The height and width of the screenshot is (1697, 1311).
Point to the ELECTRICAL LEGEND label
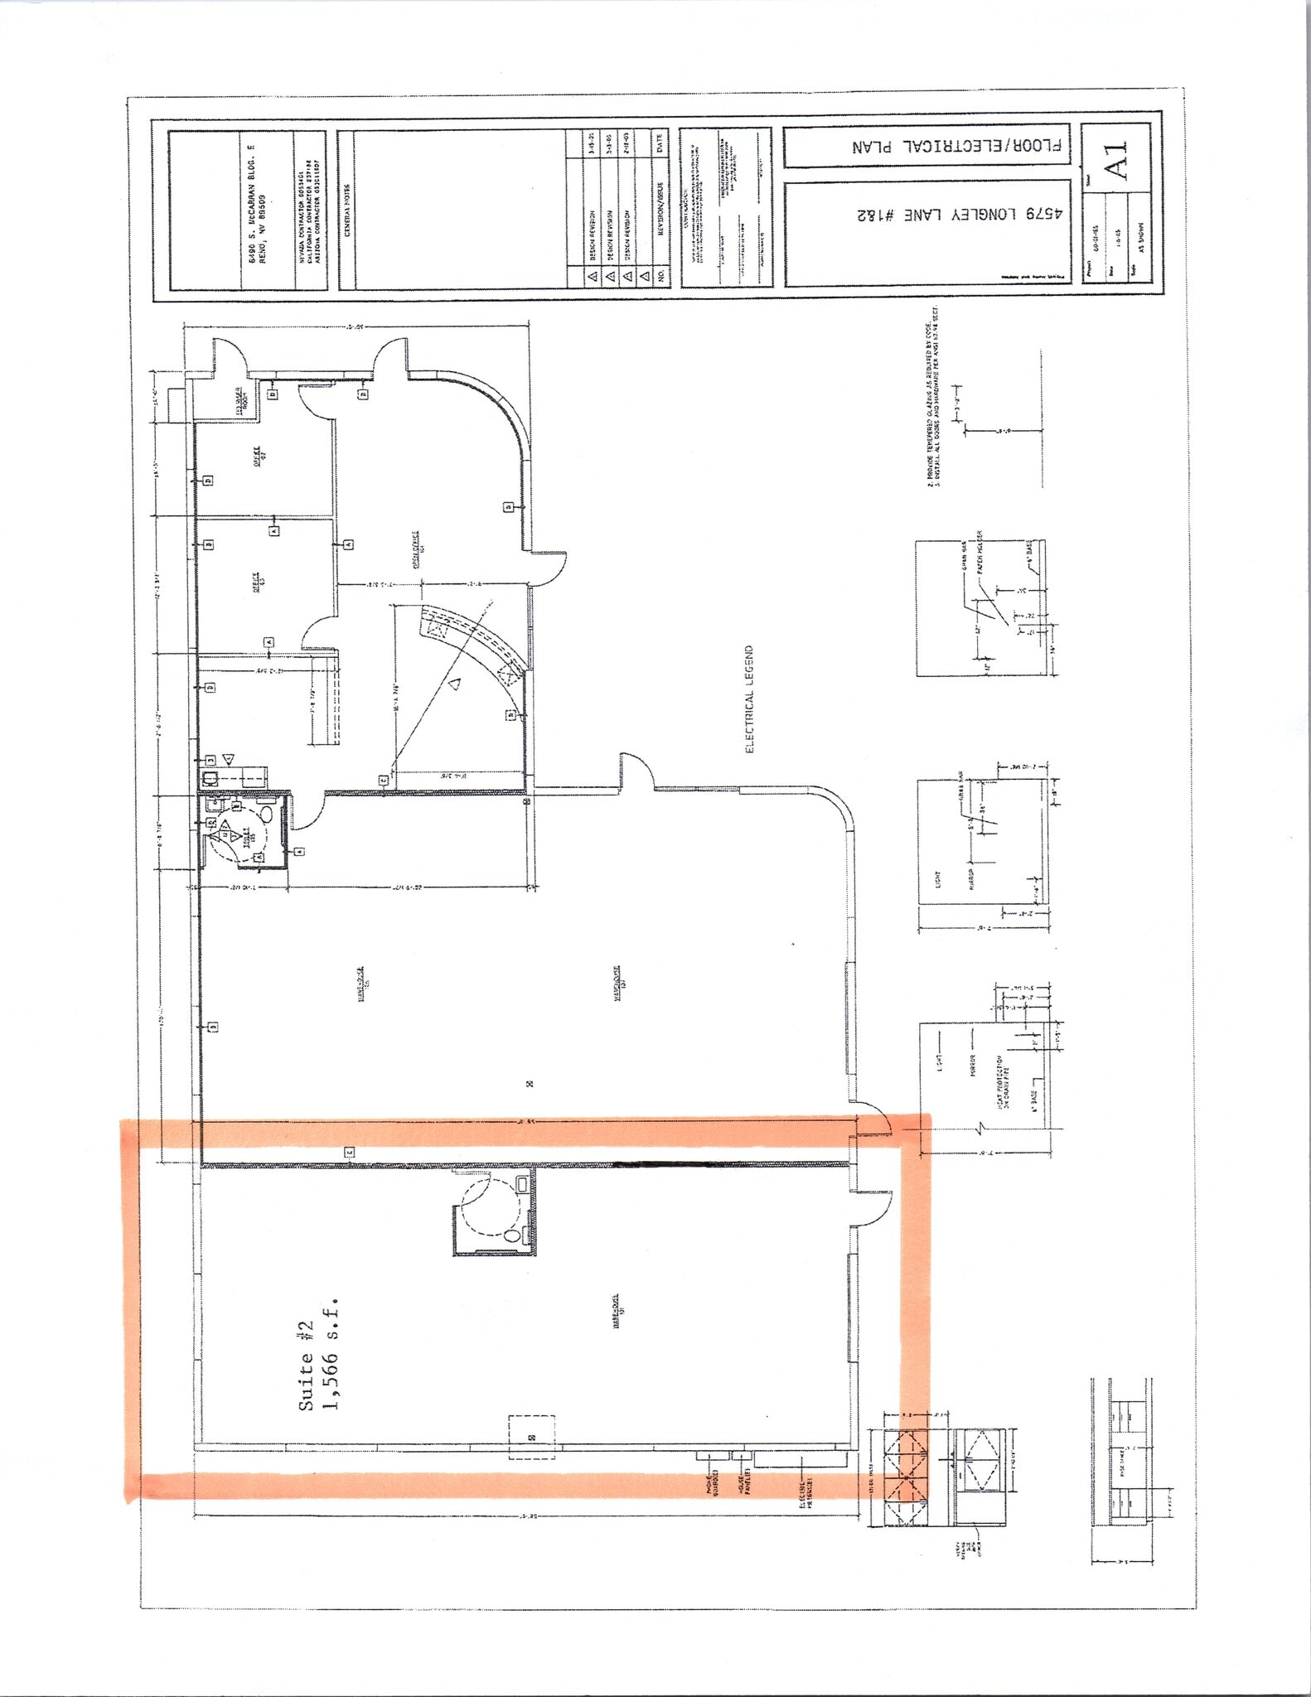pos(749,699)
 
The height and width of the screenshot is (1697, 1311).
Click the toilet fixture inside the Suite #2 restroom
pos(513,1235)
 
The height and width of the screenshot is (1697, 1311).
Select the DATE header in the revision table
pos(658,143)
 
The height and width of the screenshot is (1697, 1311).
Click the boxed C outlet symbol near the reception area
pos(384,780)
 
